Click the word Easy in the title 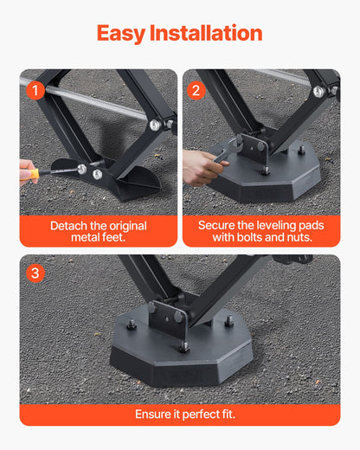(121, 34)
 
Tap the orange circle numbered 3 (35, 273)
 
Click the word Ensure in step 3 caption (153, 415)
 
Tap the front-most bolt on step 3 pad (184, 348)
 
